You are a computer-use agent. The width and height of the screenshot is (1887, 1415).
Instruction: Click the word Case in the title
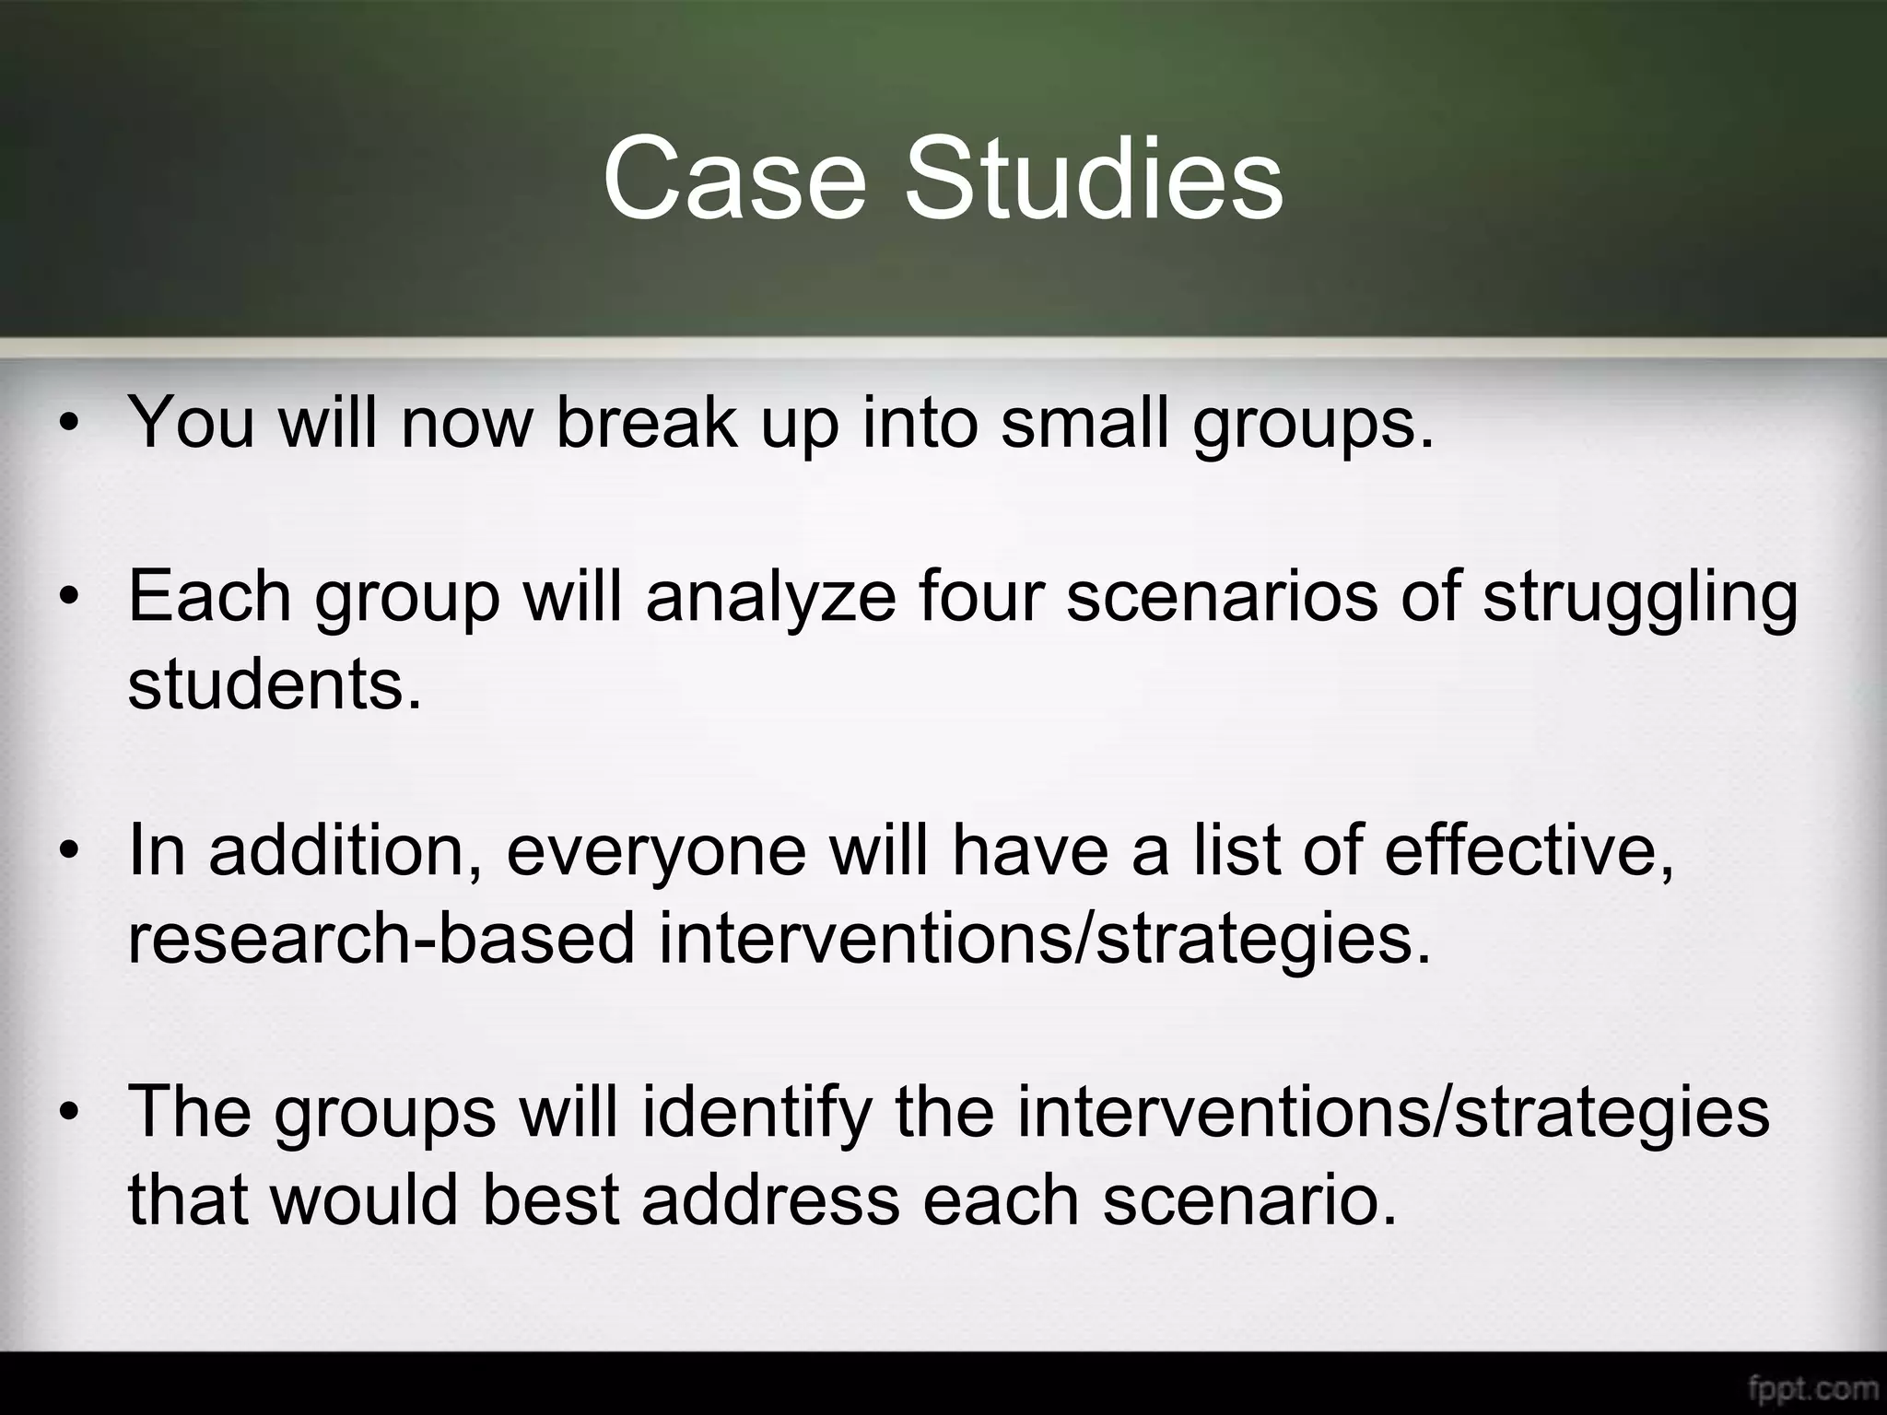(734, 178)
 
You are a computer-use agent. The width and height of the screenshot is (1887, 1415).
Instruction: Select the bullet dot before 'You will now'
(67, 425)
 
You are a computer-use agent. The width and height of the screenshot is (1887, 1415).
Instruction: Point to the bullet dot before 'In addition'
(67, 853)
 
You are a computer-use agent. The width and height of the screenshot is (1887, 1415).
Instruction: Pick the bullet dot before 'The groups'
(67, 1114)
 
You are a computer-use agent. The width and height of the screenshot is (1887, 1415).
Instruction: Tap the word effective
(1529, 849)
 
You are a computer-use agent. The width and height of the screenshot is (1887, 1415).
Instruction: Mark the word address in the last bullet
(770, 1199)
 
